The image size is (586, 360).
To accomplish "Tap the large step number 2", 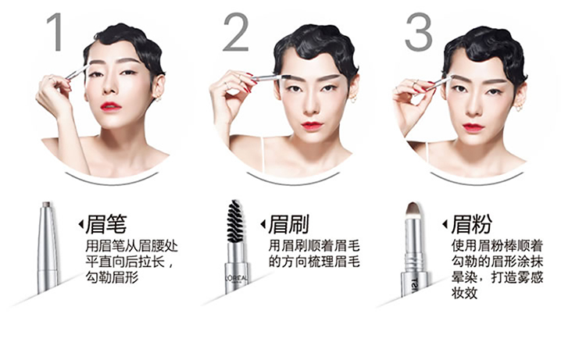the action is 236,32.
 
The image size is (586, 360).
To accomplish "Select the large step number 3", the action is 419,32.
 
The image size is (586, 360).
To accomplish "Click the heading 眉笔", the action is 106,224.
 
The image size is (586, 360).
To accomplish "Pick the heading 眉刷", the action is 289,224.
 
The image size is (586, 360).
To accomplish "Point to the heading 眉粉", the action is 471,224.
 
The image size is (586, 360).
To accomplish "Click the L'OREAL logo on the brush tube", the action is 236,278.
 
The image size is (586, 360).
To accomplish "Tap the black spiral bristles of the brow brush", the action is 234,221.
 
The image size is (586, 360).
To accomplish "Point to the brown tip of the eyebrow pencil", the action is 47,204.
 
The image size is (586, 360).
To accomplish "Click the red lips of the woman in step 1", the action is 111,107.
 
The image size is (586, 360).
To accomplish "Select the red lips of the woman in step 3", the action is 473,127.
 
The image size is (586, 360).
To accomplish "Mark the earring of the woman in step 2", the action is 352,99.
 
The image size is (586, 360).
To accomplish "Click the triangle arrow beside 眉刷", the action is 263,224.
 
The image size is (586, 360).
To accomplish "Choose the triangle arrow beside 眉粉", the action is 445,224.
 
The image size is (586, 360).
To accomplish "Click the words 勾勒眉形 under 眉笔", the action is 112,277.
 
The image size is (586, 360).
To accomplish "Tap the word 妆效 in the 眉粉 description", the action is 464,293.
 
